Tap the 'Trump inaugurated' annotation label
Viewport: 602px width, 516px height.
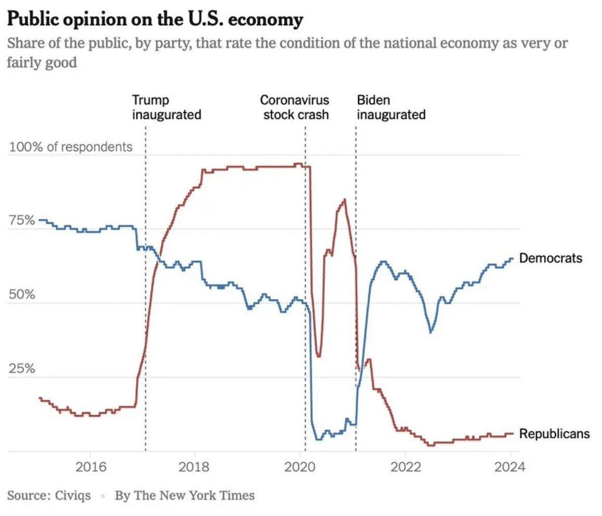pos(166,107)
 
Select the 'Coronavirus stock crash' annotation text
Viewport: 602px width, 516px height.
pos(295,107)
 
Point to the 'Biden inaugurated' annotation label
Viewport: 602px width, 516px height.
pos(391,107)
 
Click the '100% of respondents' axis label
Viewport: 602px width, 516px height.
pos(71,147)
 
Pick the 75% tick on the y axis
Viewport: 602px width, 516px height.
pos(22,220)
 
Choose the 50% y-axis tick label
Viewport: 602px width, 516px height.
pos(22,294)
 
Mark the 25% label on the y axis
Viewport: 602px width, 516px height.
pos(22,369)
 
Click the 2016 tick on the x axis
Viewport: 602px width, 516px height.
pos(90,466)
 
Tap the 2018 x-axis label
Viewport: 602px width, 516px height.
pos(195,466)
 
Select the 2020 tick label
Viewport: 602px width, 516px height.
pos(300,466)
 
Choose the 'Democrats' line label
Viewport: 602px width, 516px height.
pos(550,258)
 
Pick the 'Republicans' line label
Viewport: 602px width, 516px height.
pos(555,433)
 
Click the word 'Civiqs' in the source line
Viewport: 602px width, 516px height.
pos(72,495)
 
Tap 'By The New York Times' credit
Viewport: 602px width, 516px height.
pos(185,495)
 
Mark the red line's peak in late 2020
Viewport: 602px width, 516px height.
pos(344,200)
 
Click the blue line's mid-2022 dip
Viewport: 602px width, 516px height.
pos(431,331)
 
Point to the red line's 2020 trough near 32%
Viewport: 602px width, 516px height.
pos(319,356)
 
